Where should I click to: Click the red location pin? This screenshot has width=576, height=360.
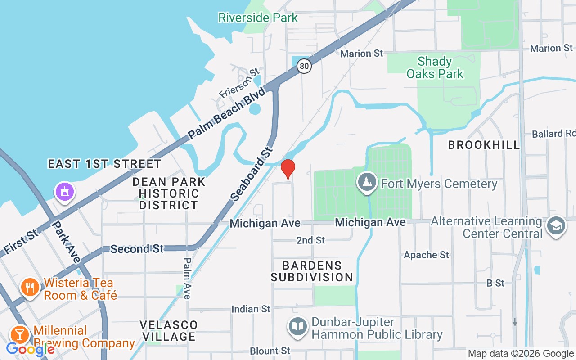[x=288, y=169]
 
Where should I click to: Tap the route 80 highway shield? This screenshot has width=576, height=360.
[x=305, y=67]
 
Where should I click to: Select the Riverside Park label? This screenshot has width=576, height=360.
[x=258, y=18]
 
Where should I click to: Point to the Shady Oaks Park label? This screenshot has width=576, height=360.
[x=435, y=67]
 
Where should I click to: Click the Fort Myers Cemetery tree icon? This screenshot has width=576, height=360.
[x=368, y=183]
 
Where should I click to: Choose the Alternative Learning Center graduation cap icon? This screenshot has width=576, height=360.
[x=556, y=227]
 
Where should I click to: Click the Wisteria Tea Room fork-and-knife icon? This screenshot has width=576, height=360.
[x=30, y=288]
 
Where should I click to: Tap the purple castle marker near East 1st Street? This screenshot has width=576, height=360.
[x=65, y=192]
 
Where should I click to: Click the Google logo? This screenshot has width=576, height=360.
[x=31, y=349]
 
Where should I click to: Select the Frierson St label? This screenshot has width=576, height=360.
[x=240, y=83]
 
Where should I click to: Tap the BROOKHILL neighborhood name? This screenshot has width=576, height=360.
[x=484, y=145]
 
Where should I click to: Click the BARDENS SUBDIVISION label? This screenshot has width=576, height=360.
[x=311, y=271]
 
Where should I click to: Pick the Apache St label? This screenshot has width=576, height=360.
[x=426, y=255]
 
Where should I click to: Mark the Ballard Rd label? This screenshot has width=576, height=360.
[x=553, y=134]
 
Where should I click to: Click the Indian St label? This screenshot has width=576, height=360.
[x=251, y=309]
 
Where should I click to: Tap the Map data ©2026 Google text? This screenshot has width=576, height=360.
[x=520, y=354]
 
